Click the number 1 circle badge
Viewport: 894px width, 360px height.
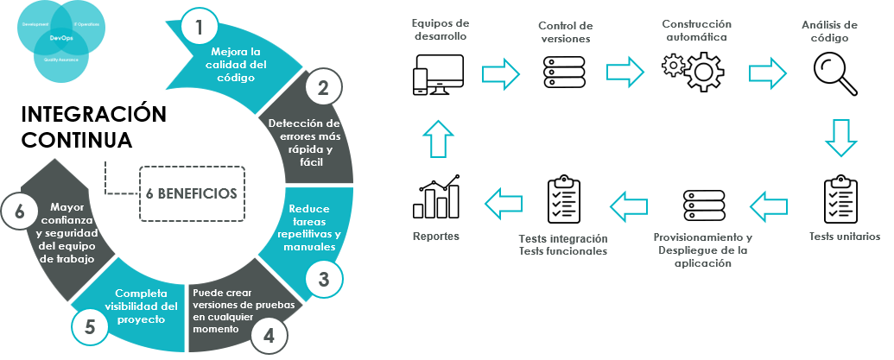pos(200,27)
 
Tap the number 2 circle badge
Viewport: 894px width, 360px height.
pos(323,86)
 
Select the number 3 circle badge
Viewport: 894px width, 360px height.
pos(323,279)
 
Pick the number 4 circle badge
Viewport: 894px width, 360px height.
pos(269,335)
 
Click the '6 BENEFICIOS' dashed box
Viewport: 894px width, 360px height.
pos(191,193)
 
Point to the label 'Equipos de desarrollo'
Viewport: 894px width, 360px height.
pos(440,31)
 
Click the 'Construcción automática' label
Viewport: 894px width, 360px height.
pos(696,30)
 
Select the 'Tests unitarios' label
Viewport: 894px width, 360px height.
pos(844,236)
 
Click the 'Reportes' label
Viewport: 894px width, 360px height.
pos(435,236)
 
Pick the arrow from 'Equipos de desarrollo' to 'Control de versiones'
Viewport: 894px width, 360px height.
pos(500,73)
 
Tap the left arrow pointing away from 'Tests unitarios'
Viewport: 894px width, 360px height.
pos(768,205)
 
